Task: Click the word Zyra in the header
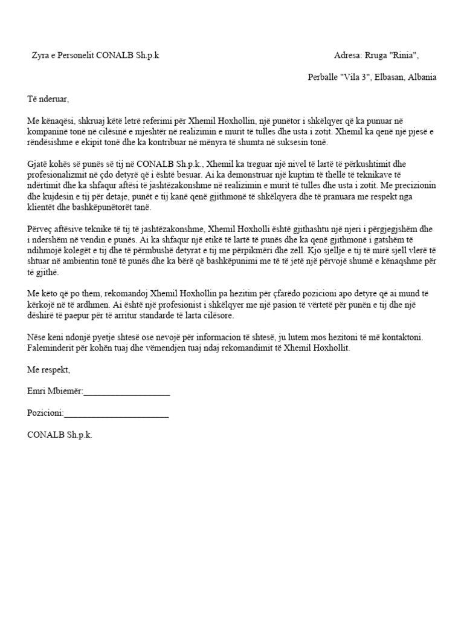click(40, 56)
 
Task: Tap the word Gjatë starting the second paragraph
click(39, 164)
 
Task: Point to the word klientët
click(41, 207)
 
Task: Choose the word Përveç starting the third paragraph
click(40, 229)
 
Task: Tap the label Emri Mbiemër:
click(55, 391)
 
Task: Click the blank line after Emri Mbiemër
click(126, 392)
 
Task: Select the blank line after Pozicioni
click(115, 414)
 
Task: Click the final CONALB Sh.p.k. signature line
click(60, 435)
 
